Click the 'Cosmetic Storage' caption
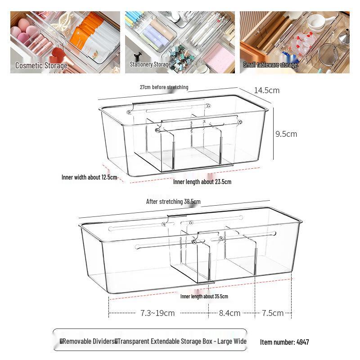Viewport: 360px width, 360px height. (x=41, y=66)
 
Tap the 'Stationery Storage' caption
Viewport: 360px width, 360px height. (x=150, y=64)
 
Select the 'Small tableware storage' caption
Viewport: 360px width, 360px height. (x=270, y=65)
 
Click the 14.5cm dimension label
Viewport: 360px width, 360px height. (x=266, y=90)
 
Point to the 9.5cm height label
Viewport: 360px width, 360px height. (x=286, y=134)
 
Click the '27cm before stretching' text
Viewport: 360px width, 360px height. (x=164, y=87)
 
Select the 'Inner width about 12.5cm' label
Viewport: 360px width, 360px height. (x=89, y=177)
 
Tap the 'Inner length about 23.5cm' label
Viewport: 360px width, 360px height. (x=202, y=182)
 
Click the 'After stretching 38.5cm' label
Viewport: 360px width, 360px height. (x=173, y=202)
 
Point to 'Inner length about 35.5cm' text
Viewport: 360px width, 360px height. (x=204, y=297)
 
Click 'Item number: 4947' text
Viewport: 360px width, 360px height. (x=284, y=342)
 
